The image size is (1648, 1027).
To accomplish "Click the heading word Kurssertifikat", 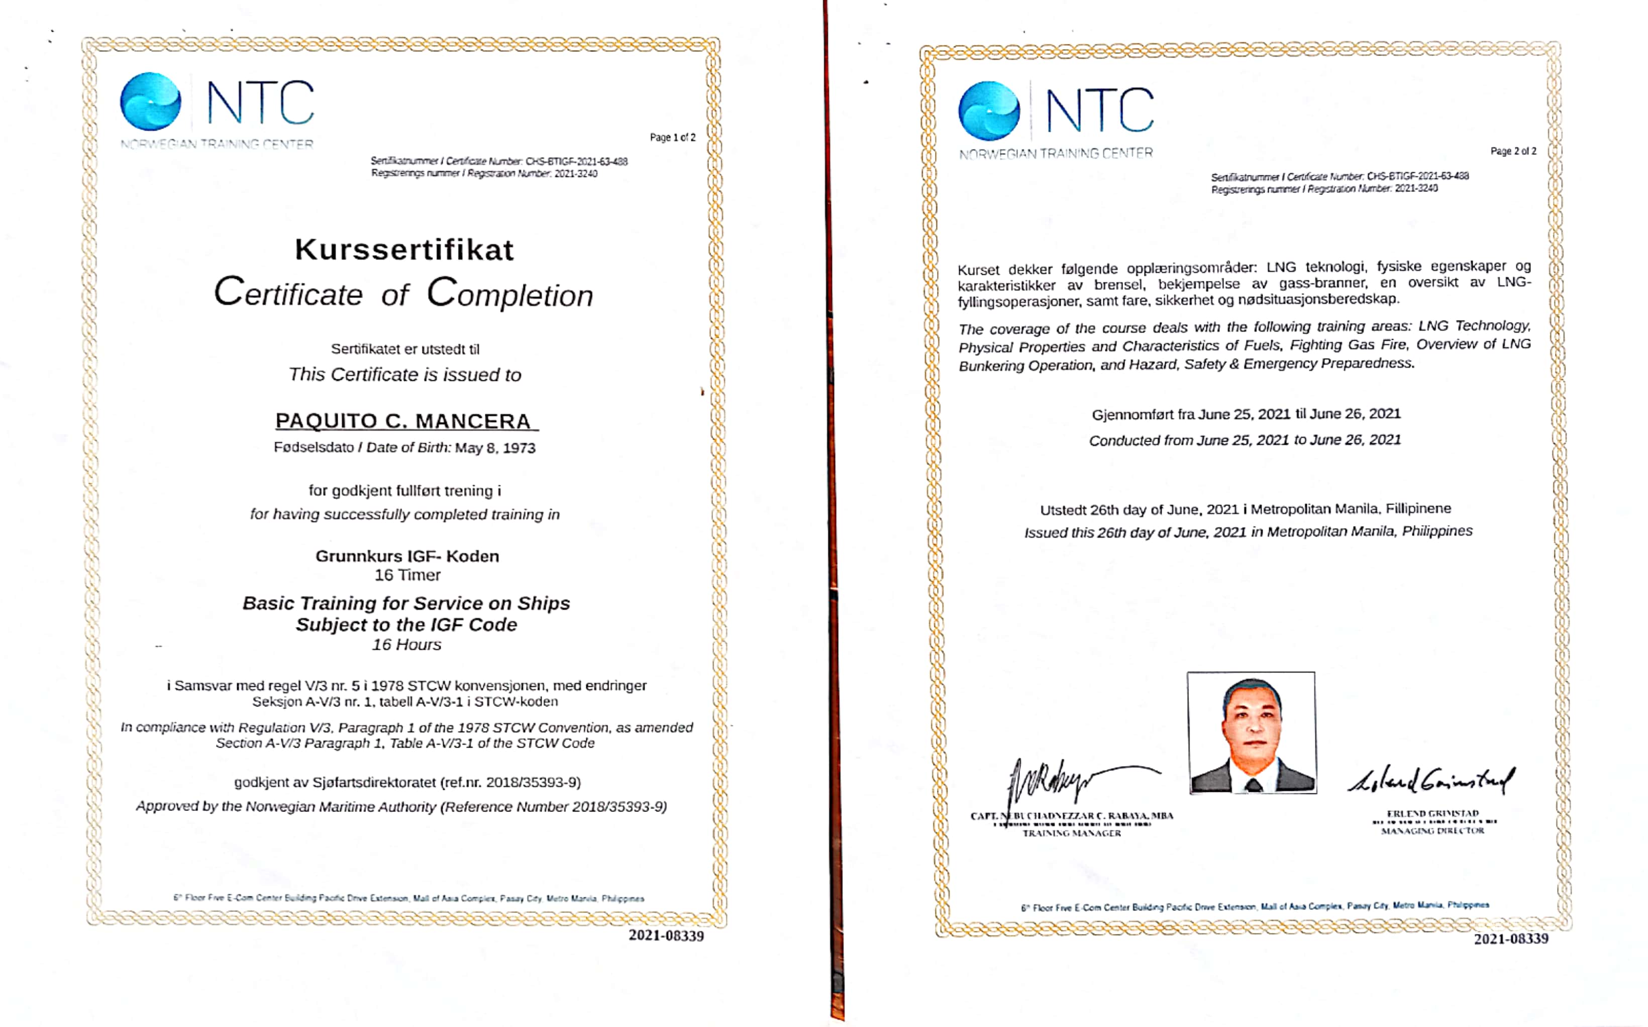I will (404, 250).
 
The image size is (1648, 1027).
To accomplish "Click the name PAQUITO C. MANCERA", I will (404, 421).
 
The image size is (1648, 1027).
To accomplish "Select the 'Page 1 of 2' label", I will (672, 137).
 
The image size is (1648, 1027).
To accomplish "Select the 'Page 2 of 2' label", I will (1513, 151).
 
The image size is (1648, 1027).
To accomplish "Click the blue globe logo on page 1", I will (151, 102).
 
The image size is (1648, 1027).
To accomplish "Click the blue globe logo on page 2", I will (989, 111).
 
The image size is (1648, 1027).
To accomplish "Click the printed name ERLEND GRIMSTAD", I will (1433, 813).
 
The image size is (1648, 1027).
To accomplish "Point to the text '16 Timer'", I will (407, 575).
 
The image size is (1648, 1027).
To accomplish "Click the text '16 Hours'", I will (406, 645).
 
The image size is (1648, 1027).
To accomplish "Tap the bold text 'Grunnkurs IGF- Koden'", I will (407, 556).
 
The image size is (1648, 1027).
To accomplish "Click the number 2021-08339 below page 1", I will (666, 936).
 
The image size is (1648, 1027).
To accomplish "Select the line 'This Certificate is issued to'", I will (404, 375).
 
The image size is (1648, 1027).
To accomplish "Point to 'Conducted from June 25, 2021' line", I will (1245, 440).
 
